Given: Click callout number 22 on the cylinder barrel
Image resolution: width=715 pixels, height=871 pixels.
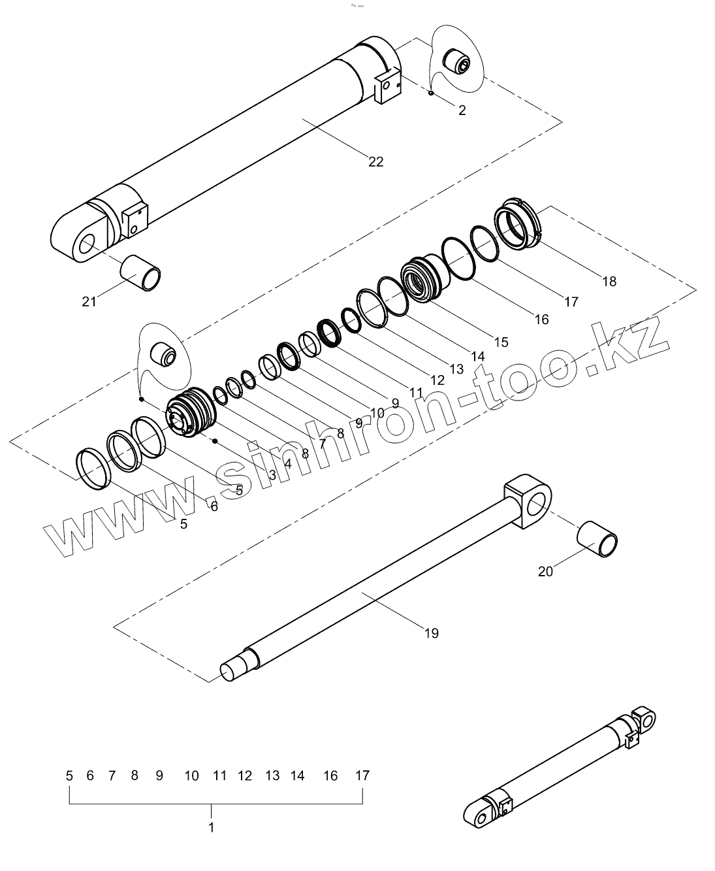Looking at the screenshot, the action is click(375, 161).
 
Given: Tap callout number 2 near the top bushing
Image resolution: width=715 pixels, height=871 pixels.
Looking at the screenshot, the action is click(462, 110).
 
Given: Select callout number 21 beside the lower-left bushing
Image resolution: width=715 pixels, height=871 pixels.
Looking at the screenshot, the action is click(89, 301).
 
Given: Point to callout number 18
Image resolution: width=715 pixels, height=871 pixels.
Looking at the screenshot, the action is click(609, 282).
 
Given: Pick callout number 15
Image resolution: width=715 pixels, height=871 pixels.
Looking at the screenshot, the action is click(501, 342).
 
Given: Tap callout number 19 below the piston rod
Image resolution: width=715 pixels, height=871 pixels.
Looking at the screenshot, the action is click(431, 633).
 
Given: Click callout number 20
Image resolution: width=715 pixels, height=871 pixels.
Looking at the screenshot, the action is click(545, 571).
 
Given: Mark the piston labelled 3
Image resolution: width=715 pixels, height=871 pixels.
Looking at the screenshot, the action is click(190, 414).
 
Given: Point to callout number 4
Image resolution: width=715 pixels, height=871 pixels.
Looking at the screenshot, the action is click(288, 463).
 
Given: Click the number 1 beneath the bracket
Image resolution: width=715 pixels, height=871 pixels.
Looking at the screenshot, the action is click(211, 827).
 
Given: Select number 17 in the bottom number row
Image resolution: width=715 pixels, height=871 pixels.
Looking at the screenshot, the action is click(362, 776).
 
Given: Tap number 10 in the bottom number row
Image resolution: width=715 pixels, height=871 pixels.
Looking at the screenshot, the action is click(191, 776).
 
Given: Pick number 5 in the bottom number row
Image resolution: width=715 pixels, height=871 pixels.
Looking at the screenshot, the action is click(69, 776).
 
